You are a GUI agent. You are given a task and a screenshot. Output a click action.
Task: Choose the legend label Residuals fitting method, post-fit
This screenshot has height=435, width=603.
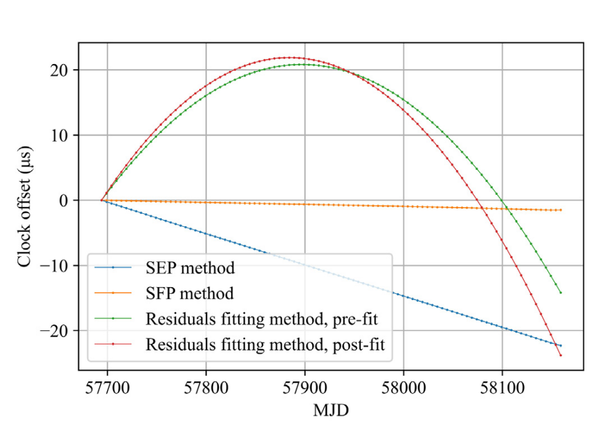(x=265, y=345)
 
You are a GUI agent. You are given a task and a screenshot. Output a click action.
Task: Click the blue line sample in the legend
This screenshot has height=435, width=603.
(x=113, y=269)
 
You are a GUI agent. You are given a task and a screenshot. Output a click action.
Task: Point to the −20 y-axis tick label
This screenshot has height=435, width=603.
(x=56, y=331)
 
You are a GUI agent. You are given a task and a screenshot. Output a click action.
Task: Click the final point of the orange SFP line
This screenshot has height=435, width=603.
(x=560, y=210)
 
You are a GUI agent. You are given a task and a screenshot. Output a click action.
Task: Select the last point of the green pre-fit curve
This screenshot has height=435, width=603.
(x=560, y=293)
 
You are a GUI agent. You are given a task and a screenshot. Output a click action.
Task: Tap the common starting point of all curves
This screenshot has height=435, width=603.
(x=102, y=200)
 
